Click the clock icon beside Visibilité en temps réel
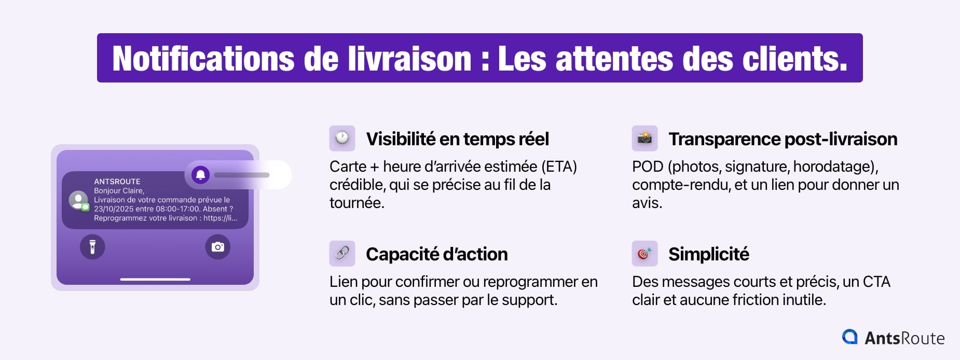[342, 139]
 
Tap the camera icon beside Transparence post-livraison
[644, 139]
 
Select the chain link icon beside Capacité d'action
[342, 254]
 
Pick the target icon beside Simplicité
[644, 254]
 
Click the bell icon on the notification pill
[201, 175]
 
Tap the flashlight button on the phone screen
[92, 246]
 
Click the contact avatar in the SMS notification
[78, 200]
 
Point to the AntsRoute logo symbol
[850, 337]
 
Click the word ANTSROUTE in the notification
[117, 182]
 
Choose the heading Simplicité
[709, 254]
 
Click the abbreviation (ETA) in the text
[559, 167]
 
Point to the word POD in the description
[648, 167]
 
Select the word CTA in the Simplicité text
[876, 282]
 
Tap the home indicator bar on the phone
[155, 279]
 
